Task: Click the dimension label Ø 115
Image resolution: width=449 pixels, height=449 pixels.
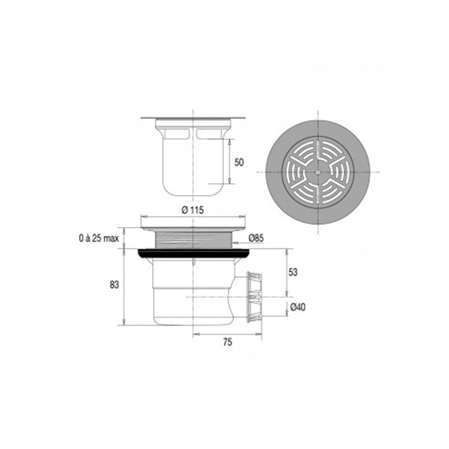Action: [x=193, y=210]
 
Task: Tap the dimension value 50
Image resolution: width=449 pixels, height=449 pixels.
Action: [x=239, y=162]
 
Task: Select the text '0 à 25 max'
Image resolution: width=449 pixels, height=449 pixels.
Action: [x=99, y=239]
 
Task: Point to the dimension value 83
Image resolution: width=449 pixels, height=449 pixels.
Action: [x=114, y=285]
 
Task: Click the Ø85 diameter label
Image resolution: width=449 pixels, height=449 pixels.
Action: [x=256, y=239]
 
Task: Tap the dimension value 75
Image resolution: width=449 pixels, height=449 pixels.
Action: [x=227, y=342]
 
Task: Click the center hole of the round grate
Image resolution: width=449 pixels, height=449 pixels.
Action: [x=318, y=171]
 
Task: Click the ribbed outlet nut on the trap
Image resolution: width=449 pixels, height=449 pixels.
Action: [x=255, y=296]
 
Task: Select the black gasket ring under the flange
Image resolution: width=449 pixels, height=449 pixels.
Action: [x=193, y=253]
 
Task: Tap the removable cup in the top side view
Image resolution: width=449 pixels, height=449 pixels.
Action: [x=193, y=163]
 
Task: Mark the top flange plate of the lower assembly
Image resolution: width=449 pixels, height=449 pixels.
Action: [x=193, y=223]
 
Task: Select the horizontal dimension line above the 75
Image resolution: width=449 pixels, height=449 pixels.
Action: [x=227, y=334]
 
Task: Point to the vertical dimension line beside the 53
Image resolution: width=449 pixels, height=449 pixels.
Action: [x=287, y=273]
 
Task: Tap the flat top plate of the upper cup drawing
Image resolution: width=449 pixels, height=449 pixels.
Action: [x=193, y=118]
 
